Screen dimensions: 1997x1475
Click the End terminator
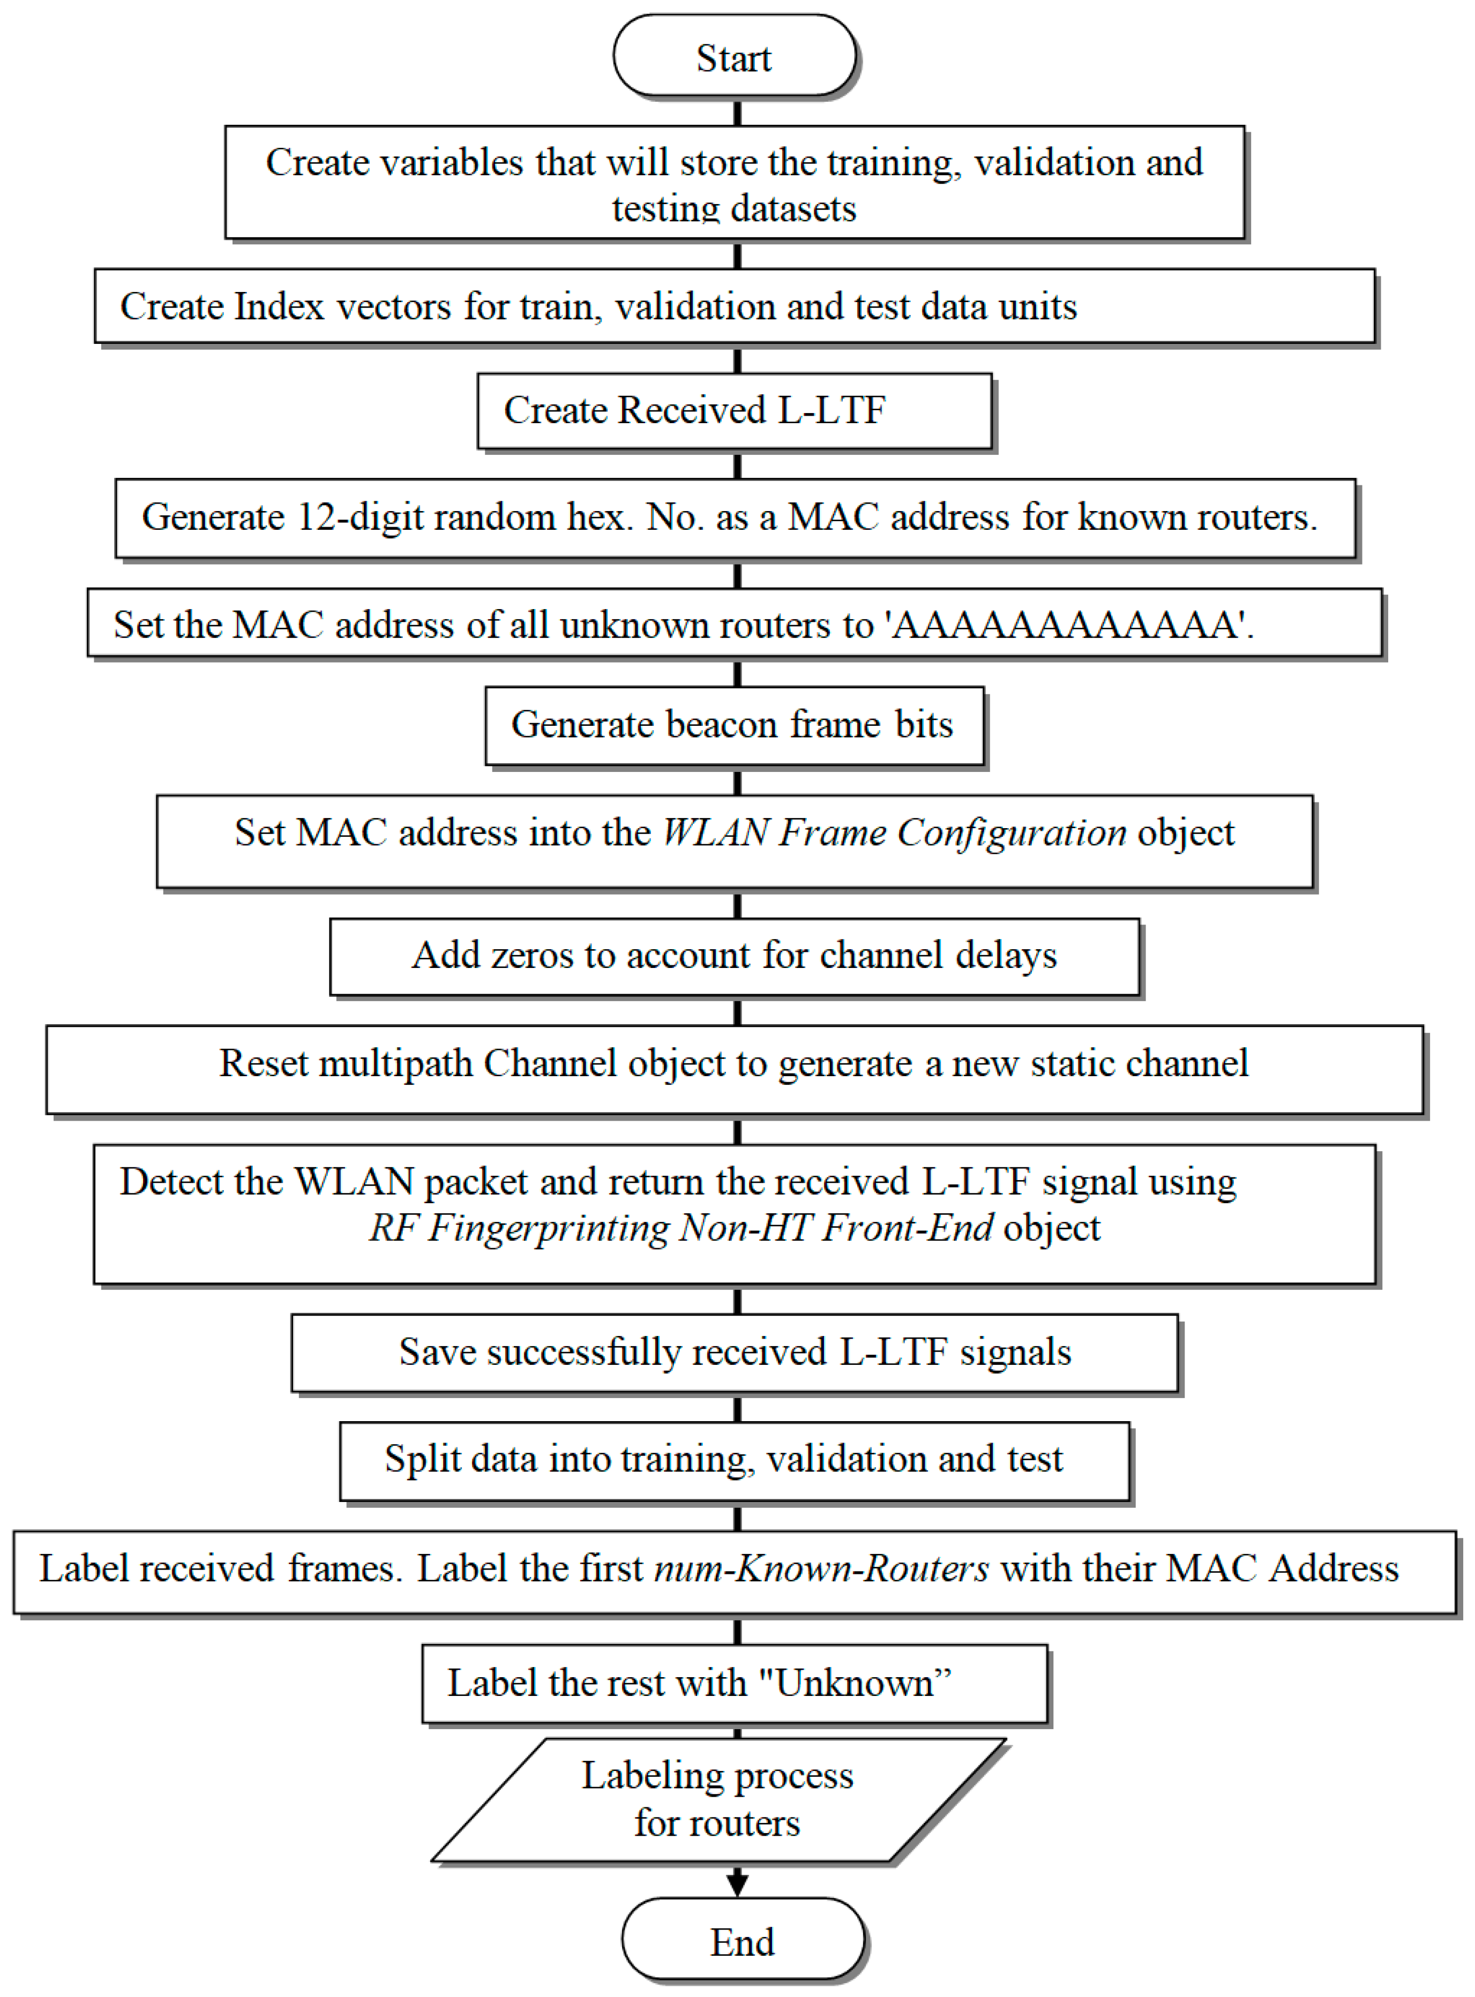pos(743,1942)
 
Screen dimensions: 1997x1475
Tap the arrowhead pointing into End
pos(737,1883)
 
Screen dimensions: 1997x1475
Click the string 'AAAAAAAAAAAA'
pos(1068,625)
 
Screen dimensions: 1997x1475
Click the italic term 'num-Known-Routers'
pos(821,1568)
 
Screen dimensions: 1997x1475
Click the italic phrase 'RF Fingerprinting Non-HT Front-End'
pos(680,1228)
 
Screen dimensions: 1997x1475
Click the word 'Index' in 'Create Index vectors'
pos(279,307)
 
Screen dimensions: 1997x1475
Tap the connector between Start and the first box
pos(737,111)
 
